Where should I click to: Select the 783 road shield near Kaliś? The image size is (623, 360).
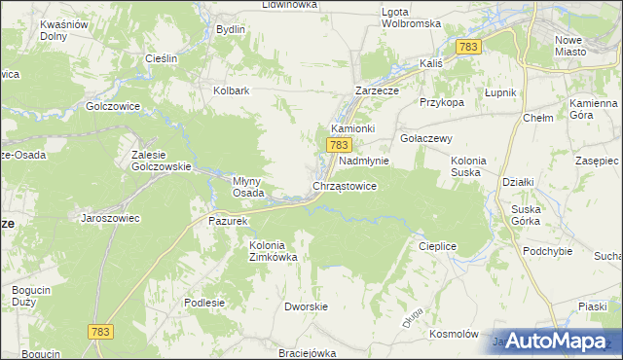(468, 47)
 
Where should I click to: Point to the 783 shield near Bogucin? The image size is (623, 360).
(100, 332)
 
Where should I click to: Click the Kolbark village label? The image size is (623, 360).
(233, 90)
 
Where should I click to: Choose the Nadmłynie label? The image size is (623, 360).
(364, 161)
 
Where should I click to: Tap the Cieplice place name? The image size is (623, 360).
(437, 246)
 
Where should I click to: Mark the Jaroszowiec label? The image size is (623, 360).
(110, 218)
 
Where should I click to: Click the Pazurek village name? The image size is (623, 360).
(229, 221)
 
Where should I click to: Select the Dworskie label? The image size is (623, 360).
(304, 306)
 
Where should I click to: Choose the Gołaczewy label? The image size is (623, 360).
(427, 138)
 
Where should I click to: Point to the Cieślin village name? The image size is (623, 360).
(160, 58)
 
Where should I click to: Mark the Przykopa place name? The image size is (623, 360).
(441, 101)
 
